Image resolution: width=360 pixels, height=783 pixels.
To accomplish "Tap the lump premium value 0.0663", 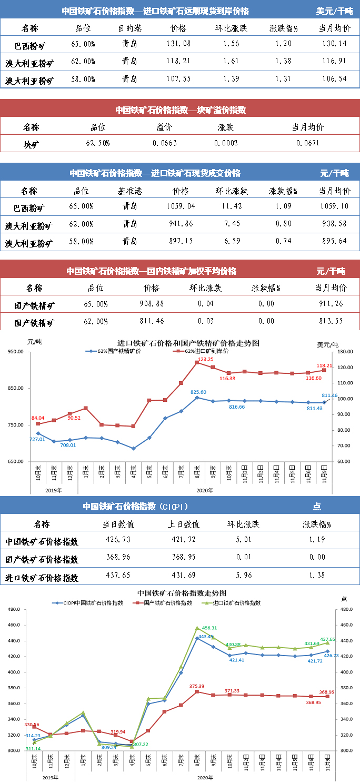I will pyautogui.click(x=165, y=143).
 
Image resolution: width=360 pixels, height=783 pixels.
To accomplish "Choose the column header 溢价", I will pyautogui.click(x=164, y=127).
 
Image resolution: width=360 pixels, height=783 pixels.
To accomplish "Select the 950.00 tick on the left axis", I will pyautogui.click(x=18, y=352).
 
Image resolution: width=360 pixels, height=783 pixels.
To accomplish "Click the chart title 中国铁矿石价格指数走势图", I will pyautogui.click(x=181, y=593).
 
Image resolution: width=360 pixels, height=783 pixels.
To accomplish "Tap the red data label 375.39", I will pyautogui.click(x=196, y=686).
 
